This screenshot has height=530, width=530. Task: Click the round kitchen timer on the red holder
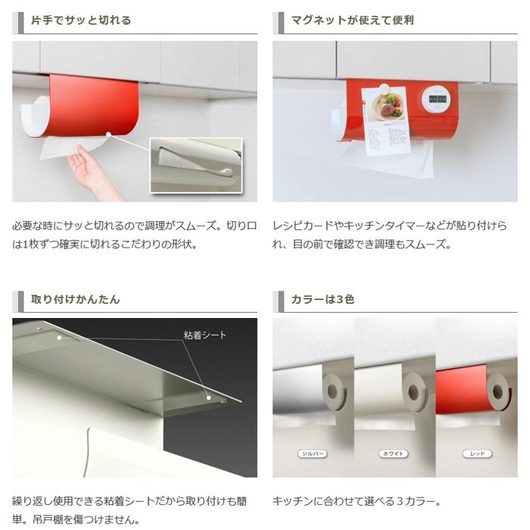point(435,96)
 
